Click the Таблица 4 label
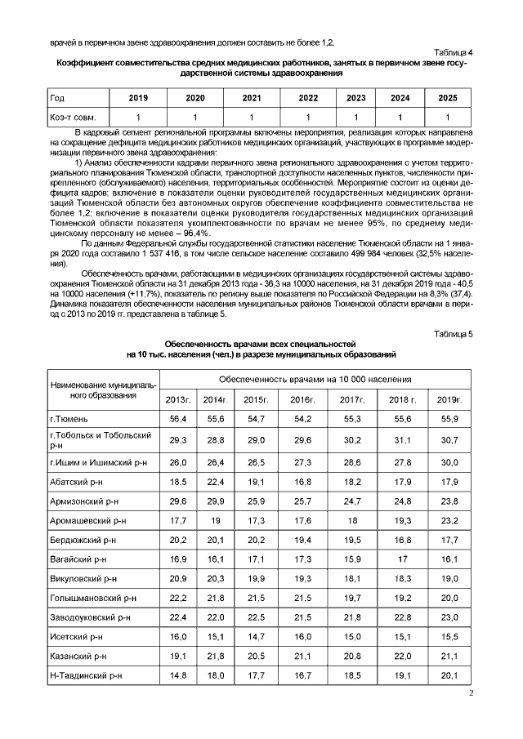point(454,52)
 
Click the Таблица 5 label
point(454,333)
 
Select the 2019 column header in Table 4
point(138,98)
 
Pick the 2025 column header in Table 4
point(447,98)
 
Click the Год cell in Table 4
point(58,98)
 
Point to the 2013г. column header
point(178,399)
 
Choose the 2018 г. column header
point(403,399)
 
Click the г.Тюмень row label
point(69,419)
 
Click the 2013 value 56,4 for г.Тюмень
point(178,419)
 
